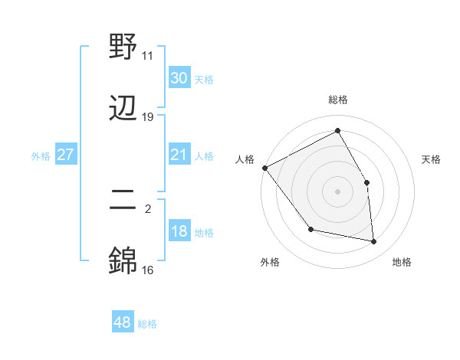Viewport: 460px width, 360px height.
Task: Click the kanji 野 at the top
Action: point(123,47)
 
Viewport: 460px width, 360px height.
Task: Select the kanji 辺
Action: point(123,108)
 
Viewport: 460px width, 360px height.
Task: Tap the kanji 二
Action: point(123,201)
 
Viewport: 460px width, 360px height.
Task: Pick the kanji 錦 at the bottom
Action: point(123,261)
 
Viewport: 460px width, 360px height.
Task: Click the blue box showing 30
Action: point(179,77)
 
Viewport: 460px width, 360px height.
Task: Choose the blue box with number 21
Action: point(179,155)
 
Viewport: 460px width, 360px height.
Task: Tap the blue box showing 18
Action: point(179,231)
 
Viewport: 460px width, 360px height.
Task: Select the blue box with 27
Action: point(66,155)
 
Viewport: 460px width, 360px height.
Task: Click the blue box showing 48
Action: point(123,322)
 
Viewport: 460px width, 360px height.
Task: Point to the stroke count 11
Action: point(148,56)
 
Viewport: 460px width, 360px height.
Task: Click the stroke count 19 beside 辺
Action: point(148,117)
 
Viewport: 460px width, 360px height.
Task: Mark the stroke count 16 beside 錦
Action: point(148,270)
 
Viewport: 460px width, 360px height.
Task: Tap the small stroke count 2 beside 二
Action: point(148,208)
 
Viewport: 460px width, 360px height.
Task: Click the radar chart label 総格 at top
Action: point(338,100)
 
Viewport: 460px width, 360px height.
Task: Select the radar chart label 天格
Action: point(432,159)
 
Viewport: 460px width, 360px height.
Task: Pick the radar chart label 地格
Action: point(402,262)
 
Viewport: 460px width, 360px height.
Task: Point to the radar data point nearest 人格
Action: point(264,168)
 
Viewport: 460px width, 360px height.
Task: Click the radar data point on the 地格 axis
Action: point(374,242)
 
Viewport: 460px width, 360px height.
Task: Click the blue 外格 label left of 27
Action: point(41,155)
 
